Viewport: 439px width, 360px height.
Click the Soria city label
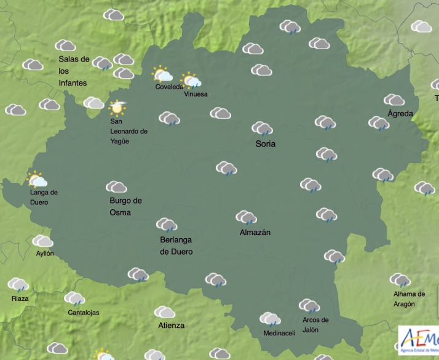click(266, 144)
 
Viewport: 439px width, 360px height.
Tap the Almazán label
click(255, 233)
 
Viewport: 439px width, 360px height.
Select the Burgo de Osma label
click(126, 207)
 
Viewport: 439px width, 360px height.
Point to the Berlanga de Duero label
click(176, 246)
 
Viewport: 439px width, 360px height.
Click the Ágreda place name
click(400, 113)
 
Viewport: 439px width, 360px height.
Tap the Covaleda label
click(169, 87)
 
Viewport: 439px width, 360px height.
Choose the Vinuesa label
click(196, 94)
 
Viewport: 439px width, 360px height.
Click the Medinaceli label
click(279, 334)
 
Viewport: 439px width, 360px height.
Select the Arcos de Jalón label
click(315, 324)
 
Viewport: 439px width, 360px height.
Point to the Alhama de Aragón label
click(409, 299)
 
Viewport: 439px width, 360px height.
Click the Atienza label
click(170, 325)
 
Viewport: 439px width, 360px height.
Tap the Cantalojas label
click(84, 313)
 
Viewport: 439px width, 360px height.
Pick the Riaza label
click(20, 298)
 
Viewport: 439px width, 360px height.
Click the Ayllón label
click(45, 254)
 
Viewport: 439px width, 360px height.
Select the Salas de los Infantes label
click(74, 71)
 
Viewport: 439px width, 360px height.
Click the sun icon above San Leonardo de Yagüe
click(116, 108)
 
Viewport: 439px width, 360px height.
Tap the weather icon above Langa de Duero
click(38, 180)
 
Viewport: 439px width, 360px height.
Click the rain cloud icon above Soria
click(263, 129)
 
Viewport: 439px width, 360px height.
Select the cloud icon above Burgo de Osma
click(116, 186)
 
